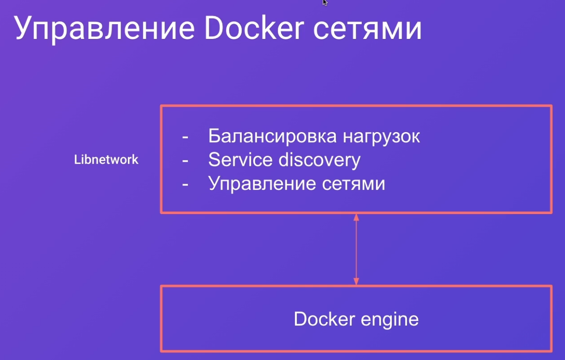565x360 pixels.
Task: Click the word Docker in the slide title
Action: coord(254,27)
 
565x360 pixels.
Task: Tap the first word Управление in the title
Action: coord(104,30)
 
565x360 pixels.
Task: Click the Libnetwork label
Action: coord(106,159)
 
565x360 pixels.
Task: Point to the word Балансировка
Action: coord(272,136)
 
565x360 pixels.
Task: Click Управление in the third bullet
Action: coord(262,184)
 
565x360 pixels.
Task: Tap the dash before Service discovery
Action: coord(185,161)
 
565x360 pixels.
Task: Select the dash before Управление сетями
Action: coord(185,185)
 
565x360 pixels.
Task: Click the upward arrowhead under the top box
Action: coord(356,217)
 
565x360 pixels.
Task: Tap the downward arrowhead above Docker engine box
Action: coord(356,282)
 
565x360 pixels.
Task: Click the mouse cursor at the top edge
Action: coord(325,2)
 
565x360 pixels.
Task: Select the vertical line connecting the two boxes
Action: coord(356,250)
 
